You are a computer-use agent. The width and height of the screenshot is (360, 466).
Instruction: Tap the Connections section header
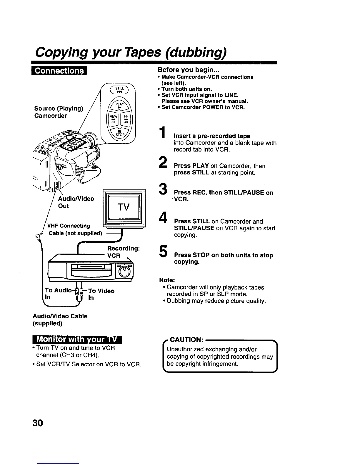coord(59,71)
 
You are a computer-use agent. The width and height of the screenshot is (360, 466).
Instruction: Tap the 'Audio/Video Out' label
coord(76,202)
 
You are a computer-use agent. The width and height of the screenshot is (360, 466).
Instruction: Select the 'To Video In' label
coord(101,294)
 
